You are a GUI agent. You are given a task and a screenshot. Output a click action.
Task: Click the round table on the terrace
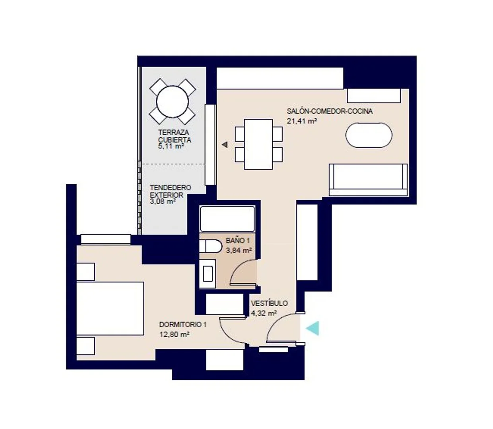[172, 102]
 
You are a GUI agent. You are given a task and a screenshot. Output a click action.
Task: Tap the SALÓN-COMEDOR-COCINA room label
[330, 111]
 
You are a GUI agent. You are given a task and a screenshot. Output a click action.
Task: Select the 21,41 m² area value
[301, 121]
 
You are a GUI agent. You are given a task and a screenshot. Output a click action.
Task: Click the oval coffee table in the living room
[369, 135]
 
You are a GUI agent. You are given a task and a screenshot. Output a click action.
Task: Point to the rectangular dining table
[258, 144]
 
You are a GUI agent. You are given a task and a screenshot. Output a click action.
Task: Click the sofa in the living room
[368, 180]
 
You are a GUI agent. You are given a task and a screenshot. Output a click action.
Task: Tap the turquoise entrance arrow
[313, 328]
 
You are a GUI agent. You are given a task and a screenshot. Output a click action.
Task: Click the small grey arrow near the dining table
[225, 145]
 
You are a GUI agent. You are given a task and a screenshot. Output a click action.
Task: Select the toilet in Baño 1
[210, 246]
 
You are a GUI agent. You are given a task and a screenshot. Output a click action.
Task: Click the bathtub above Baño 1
[227, 219]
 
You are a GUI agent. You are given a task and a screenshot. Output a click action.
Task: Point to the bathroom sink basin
[208, 273]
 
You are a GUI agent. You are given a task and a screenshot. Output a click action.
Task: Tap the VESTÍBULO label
[270, 303]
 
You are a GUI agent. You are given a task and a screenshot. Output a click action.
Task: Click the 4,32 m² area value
[264, 313]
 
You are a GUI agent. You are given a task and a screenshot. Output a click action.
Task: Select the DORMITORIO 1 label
[183, 325]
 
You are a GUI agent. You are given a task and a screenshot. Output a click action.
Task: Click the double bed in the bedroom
[110, 308]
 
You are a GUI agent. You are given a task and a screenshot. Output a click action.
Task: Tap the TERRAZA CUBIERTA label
[175, 136]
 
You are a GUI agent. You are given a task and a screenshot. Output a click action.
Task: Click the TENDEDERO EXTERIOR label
[170, 191]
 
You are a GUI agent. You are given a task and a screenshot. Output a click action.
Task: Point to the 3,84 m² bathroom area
[239, 250]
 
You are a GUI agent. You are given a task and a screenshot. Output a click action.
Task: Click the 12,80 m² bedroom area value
[174, 334]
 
